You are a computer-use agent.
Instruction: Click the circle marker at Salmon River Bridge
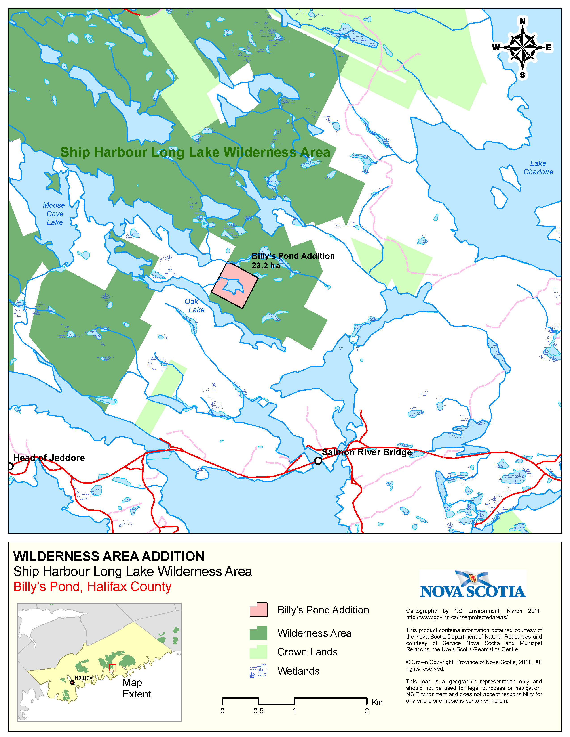(318, 461)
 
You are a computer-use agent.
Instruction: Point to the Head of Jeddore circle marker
(10, 466)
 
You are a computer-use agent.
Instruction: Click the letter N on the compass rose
(522, 21)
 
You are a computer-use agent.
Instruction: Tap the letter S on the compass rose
(522, 75)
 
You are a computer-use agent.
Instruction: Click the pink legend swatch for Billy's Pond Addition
(258, 610)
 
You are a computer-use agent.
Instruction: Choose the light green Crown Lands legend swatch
(258, 652)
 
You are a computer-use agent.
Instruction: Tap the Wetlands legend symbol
(258, 671)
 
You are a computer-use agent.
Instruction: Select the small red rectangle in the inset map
(112, 668)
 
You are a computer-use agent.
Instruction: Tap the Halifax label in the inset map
(83, 678)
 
